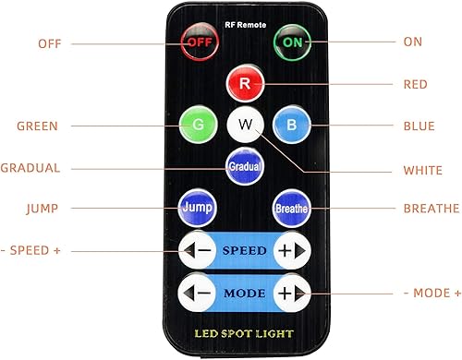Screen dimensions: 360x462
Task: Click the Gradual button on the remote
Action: pos(244,165)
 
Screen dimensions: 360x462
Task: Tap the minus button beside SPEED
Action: pos(198,250)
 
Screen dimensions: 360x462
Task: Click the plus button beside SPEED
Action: pos(292,250)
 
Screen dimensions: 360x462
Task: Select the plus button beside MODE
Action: pos(292,293)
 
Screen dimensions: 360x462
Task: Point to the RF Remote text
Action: pos(243,23)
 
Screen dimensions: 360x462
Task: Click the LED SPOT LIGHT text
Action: pos(244,332)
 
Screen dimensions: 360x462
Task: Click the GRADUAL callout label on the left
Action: pos(30,168)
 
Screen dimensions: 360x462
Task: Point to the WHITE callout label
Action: pos(422,170)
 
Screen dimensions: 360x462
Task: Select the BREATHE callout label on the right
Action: pos(429,210)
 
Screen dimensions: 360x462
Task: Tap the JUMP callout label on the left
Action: pos(42,210)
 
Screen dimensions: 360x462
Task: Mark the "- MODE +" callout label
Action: pos(432,293)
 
